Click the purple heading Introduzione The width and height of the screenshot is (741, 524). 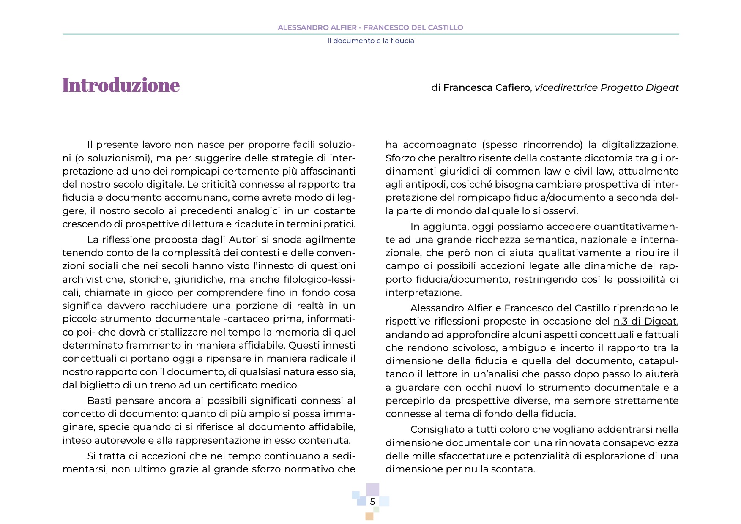click(x=121, y=85)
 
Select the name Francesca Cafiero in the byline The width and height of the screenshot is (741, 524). click(x=486, y=87)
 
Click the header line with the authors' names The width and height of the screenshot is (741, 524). click(x=370, y=27)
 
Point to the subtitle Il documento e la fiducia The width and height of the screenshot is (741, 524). click(x=370, y=41)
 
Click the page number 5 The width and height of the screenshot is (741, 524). click(x=372, y=502)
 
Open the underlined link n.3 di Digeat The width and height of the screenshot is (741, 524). click(x=645, y=322)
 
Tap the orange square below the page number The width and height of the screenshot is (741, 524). click(x=369, y=516)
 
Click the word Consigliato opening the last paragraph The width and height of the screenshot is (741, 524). click(x=437, y=430)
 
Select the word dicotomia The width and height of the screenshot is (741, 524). click(x=558, y=158)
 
